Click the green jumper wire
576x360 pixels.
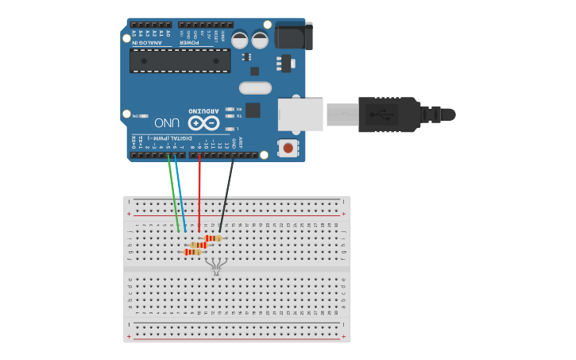[172, 191]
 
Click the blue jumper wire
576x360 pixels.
[180, 191]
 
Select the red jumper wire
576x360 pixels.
[199, 191]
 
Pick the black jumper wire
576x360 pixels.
[227, 191]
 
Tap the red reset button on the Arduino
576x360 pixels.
[288, 148]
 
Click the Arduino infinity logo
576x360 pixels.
[203, 122]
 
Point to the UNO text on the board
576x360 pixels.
[167, 123]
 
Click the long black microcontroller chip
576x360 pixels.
[180, 60]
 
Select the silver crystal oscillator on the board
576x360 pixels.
[255, 88]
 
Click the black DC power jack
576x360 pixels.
[293, 37]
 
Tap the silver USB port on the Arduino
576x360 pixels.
[300, 114]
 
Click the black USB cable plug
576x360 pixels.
[389, 114]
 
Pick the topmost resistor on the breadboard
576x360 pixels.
[212, 238]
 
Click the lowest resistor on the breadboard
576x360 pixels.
[191, 252]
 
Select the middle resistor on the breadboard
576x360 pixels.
[199, 245]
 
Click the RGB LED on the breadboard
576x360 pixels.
[217, 265]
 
